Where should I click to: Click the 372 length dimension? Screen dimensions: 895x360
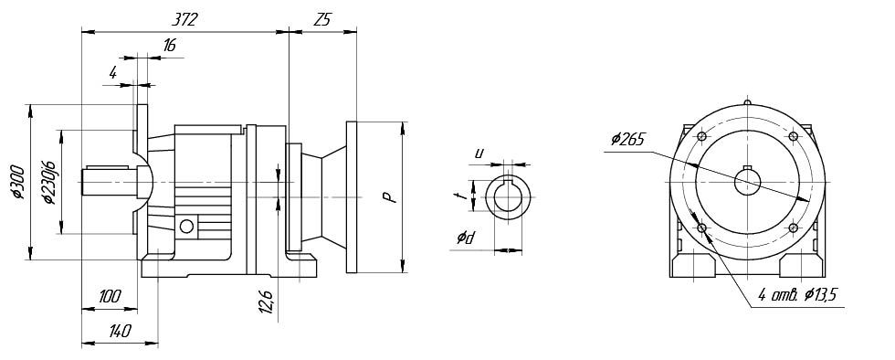tap(184, 20)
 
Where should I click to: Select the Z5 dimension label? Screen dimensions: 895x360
tap(321, 20)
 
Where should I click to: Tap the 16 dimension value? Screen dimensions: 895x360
tap(169, 46)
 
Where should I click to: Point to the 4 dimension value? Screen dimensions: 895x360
tap(113, 72)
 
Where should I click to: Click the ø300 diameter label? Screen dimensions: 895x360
tap(17, 182)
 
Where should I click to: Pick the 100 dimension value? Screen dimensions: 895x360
tap(110, 296)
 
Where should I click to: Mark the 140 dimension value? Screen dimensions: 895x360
tap(120, 331)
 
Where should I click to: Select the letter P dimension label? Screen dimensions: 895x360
tap(388, 197)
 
